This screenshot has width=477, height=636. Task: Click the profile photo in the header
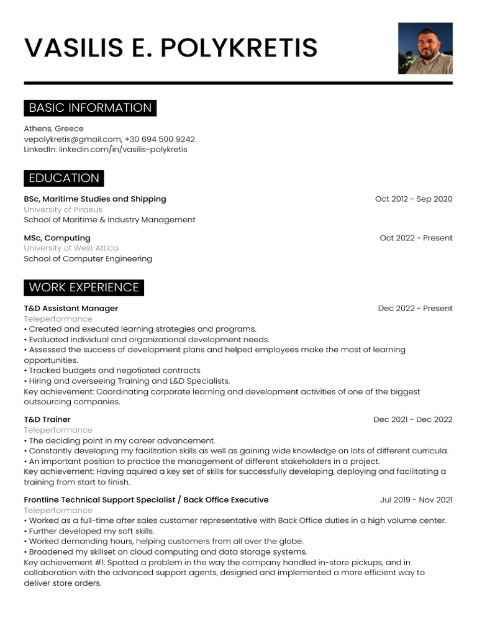click(425, 48)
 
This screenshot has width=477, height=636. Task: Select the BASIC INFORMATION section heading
click(90, 108)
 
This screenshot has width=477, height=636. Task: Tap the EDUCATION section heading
click(64, 178)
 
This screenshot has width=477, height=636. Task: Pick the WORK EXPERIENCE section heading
click(84, 288)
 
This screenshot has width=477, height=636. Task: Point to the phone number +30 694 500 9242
click(160, 139)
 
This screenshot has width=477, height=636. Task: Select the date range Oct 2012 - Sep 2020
click(414, 199)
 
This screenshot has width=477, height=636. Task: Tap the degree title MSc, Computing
click(57, 238)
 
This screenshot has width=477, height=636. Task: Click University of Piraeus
click(63, 209)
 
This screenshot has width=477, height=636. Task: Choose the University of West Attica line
click(71, 248)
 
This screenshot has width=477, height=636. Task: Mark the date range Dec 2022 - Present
click(415, 309)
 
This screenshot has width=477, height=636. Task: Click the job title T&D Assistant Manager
click(71, 309)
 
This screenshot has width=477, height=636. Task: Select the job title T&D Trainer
click(47, 420)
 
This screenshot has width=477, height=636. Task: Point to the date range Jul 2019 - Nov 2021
click(416, 500)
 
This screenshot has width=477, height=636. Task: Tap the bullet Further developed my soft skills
click(91, 531)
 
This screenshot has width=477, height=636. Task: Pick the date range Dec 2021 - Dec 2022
click(412, 420)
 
